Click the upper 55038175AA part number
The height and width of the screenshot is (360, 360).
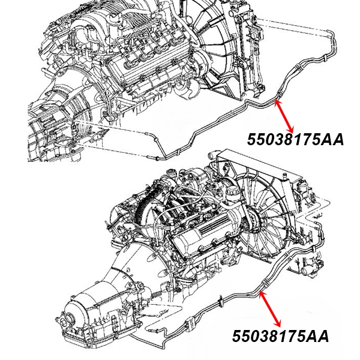[x=295, y=139]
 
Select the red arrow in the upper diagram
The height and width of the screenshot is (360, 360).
[x=283, y=116]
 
